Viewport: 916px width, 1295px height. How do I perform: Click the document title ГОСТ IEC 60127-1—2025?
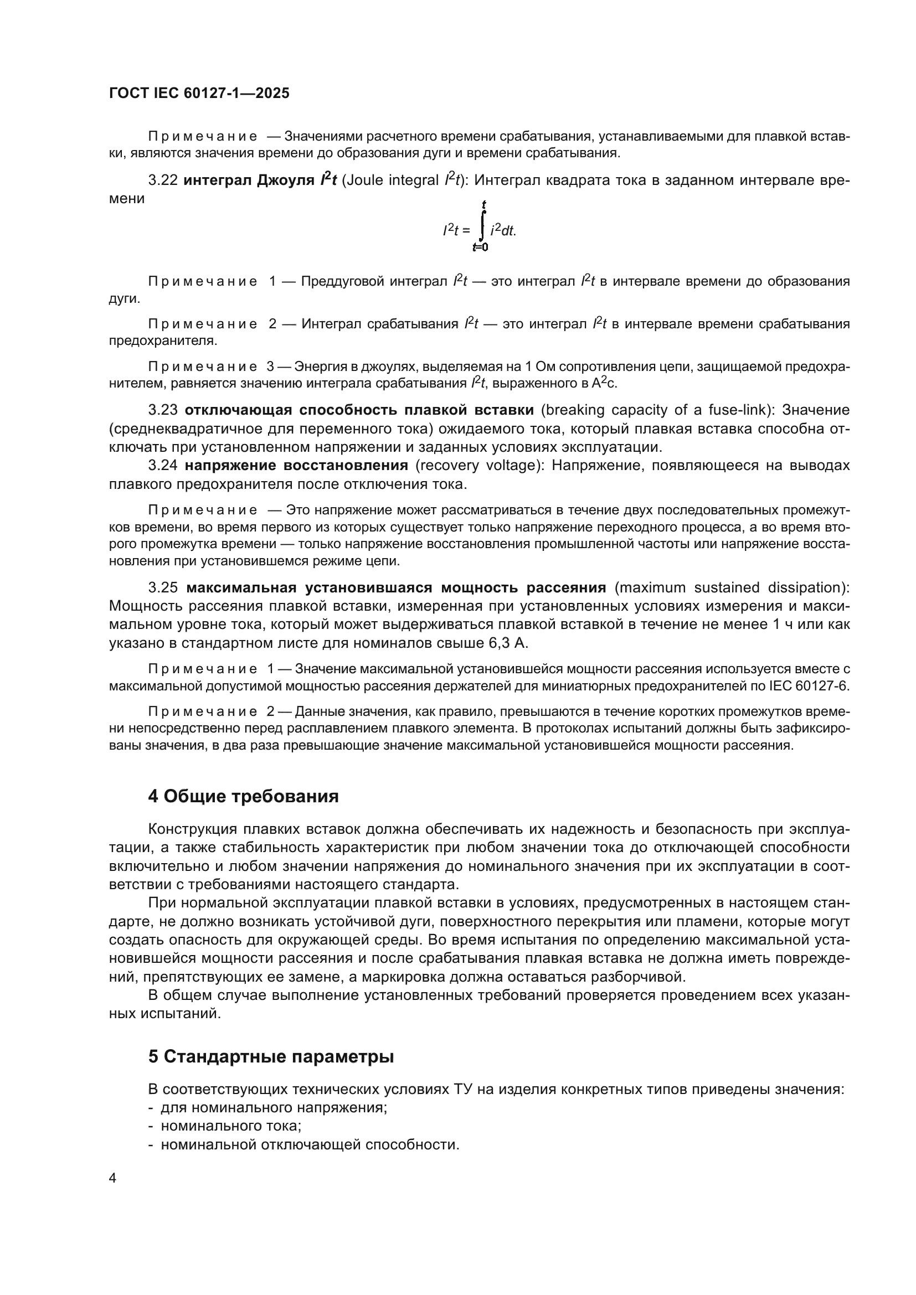(x=199, y=94)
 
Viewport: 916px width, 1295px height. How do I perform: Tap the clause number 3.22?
(x=163, y=180)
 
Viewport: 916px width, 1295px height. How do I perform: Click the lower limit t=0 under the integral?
(x=481, y=247)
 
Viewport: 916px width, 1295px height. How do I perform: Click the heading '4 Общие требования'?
(x=243, y=796)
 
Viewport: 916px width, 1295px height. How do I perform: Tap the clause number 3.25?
(x=163, y=588)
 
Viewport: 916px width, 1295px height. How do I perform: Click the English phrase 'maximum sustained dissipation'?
(x=730, y=588)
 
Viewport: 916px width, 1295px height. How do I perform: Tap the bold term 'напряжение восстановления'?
(x=296, y=465)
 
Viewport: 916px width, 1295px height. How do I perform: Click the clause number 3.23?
(x=163, y=410)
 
